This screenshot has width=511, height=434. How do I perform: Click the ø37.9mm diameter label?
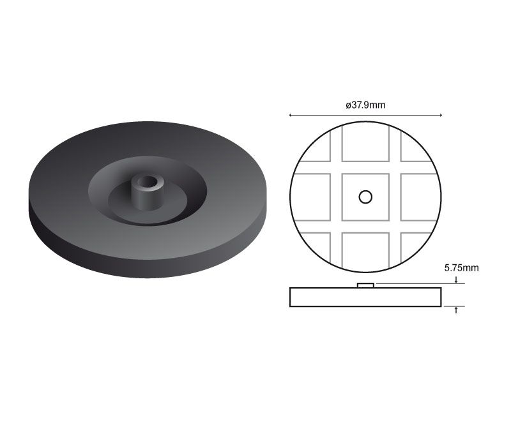365,105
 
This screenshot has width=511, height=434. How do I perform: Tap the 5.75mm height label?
461,268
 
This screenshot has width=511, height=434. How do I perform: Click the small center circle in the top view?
365,197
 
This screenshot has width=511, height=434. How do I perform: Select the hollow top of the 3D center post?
148,182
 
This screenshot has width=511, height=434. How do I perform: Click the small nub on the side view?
365,285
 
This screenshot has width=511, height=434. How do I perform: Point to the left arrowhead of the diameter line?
291,115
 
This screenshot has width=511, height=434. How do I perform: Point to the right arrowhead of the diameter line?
440,115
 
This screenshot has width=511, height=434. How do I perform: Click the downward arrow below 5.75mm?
456,280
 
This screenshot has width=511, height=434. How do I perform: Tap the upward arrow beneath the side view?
456,310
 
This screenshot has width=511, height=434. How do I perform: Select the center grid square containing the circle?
365,197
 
